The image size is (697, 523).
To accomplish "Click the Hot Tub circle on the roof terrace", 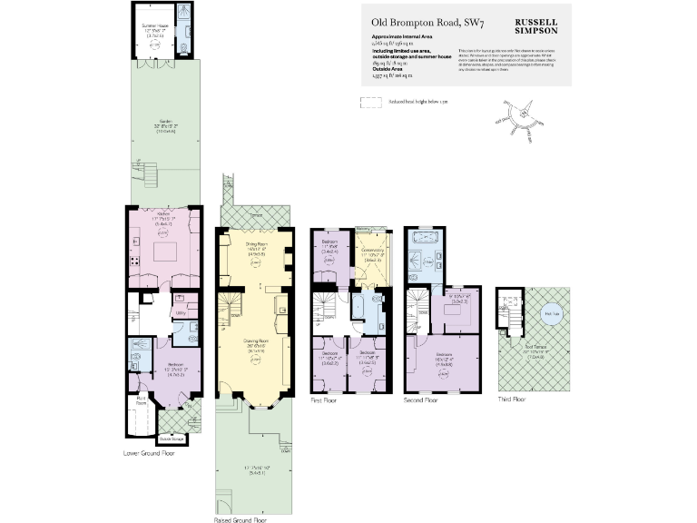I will [x=551, y=314].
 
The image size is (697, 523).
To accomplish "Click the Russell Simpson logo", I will [x=536, y=24].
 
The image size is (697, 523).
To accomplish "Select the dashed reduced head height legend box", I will [x=370, y=104].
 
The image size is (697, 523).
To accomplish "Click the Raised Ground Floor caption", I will [x=241, y=521].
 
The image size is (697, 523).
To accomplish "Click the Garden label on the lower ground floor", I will [x=165, y=125].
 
